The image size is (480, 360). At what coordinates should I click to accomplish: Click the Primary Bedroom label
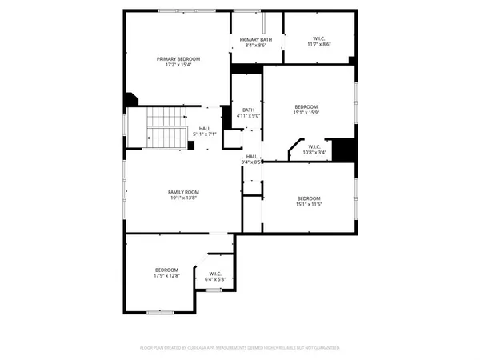pos(178,59)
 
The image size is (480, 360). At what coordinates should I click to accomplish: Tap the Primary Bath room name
pos(254,39)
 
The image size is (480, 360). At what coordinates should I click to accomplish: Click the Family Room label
pos(183,192)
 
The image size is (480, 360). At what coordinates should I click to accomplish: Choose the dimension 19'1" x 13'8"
pos(183,198)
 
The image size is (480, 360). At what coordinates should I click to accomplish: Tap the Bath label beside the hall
pos(248,110)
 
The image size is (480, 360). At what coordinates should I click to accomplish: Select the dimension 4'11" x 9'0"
pos(248,116)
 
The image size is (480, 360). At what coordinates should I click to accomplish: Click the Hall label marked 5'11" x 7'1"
pos(204,128)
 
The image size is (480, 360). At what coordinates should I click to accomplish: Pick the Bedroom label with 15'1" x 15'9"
pos(306,106)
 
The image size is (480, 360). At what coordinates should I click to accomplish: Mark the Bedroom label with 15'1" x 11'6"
pos(309,198)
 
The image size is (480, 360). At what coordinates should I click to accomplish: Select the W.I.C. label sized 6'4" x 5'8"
pos(216,274)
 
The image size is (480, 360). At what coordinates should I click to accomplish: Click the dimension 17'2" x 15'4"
pos(178,66)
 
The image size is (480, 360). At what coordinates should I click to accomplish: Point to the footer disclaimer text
pos(240,349)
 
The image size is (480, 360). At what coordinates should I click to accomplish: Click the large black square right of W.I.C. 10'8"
pos(343,150)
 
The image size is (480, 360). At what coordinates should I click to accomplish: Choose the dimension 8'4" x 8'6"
pos(254,46)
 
